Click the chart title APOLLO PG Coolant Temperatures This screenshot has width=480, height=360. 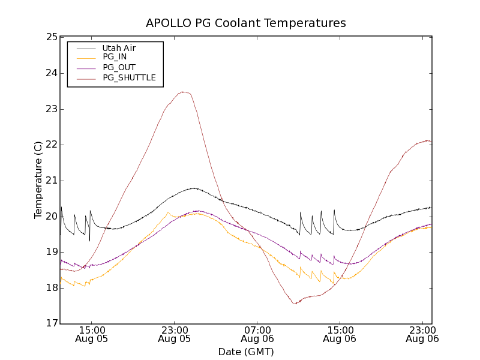coord(246,23)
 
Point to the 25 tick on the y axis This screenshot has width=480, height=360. coord(52,37)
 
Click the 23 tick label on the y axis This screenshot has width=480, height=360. coord(52,109)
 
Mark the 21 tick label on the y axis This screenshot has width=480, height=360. coord(52,181)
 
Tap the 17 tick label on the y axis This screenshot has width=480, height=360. coord(52,324)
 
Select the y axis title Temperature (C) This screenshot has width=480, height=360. coord(38,180)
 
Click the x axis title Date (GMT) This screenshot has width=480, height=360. coord(246,352)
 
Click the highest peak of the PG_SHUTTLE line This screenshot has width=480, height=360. coord(184,92)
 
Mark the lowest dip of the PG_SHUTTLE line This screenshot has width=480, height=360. coord(295,304)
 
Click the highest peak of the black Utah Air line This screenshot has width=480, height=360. coord(194,188)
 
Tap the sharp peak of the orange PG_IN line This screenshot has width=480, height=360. coord(168,212)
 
